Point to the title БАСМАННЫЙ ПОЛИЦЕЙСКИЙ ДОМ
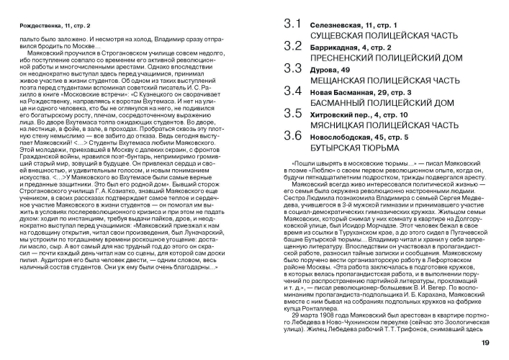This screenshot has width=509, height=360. click(x=371, y=102)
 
